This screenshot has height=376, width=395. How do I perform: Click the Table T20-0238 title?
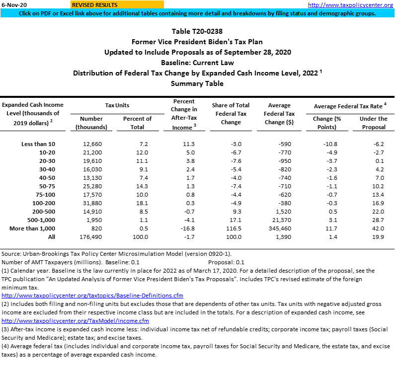tap(197, 31)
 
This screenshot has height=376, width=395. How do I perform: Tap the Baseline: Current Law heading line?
tap(197, 63)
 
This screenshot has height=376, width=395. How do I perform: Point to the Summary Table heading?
tap(197, 83)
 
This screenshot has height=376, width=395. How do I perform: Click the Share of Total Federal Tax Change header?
tap(231, 113)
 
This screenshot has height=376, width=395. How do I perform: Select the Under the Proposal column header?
tap(373, 123)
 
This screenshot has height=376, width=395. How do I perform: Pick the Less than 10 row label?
tap(38, 144)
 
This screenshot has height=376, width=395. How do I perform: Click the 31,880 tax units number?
tap(92, 203)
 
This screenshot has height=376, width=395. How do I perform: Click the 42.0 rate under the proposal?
tap(378, 228)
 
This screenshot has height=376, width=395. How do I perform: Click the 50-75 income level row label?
tap(47, 186)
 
